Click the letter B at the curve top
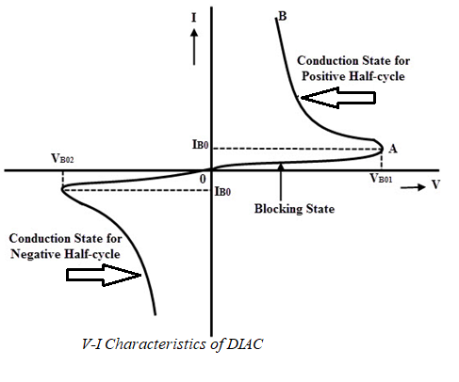coord(281,15)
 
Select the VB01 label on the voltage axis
coord(381,178)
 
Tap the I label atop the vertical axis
coord(193,16)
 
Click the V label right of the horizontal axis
coord(434,184)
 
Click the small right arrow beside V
coord(410,186)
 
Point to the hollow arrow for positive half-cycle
coord(323,95)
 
